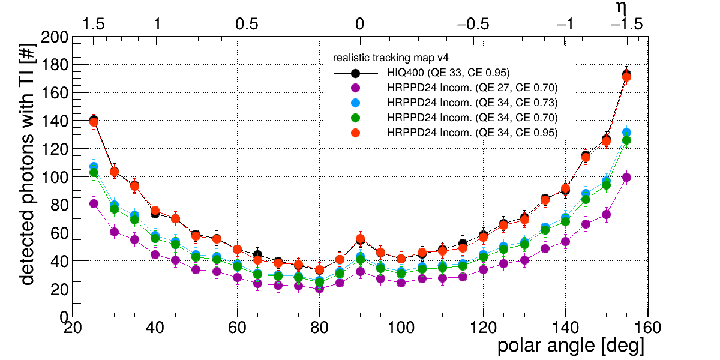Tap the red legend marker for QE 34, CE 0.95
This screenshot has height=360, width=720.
[355, 133]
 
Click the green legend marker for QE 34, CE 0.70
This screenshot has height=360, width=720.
[355, 118]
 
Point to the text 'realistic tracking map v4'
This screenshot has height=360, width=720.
[391, 58]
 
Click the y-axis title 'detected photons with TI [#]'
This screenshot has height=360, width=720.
[27, 163]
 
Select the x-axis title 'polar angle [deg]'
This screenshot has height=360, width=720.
[571, 346]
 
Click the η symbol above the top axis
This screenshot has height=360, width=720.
[622, 8]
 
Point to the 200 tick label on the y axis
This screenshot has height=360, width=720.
[55, 38]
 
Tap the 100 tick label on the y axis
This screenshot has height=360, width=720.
[55, 178]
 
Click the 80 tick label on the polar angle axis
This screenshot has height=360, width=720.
[319, 328]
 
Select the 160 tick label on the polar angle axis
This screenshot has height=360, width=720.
[647, 328]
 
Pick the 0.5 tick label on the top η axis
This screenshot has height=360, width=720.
[247, 24]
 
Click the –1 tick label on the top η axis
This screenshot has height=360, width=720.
[565, 24]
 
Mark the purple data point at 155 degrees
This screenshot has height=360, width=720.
[626, 178]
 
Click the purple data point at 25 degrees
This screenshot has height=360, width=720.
[94, 203]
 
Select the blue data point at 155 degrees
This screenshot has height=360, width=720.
[626, 132]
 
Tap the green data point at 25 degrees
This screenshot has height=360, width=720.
[94, 173]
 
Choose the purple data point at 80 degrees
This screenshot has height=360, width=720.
[319, 289]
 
